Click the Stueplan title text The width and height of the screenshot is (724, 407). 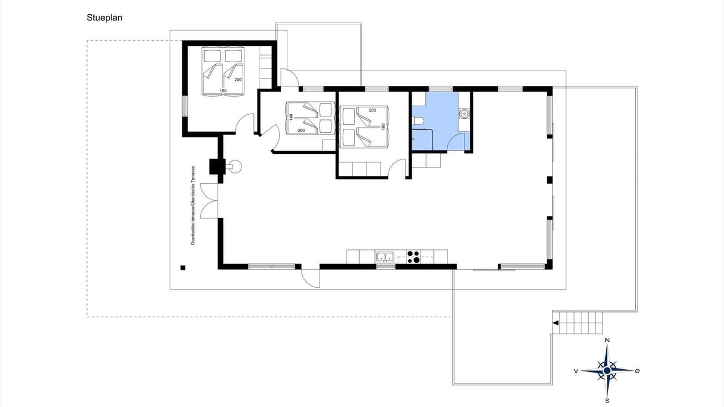(105, 18)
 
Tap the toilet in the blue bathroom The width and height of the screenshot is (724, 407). (417, 122)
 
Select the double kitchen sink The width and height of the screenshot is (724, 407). (385, 257)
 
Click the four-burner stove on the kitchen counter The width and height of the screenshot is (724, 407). (413, 257)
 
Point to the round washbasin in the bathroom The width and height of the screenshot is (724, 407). (464, 114)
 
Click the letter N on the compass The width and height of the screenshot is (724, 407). (607, 340)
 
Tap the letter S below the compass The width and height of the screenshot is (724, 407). (607, 401)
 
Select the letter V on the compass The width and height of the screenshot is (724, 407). (576, 371)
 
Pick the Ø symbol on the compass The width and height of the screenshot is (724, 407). (637, 371)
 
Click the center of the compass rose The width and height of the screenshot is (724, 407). (607, 370)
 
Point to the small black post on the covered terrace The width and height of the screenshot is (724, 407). (183, 267)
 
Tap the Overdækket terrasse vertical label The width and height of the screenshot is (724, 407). (193, 205)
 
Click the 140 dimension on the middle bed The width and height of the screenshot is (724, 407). (291, 117)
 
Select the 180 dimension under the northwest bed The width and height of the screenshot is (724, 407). (223, 91)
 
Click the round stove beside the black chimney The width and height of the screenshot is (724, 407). (235, 167)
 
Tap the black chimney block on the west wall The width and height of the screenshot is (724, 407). (217, 167)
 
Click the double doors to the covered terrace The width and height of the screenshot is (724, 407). (209, 201)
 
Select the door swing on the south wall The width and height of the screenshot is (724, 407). (311, 278)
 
